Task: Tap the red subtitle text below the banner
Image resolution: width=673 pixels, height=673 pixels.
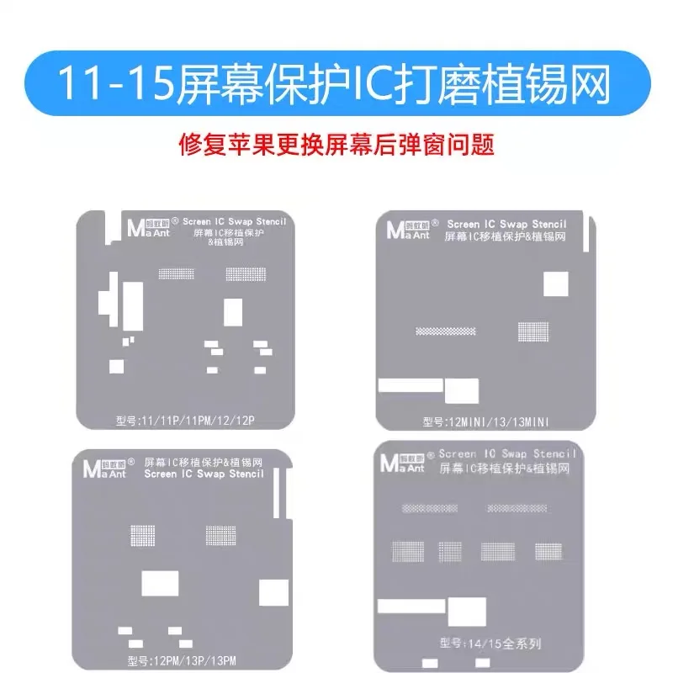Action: pyautogui.click(x=336, y=144)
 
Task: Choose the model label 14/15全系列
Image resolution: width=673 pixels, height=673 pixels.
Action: pyautogui.click(x=490, y=644)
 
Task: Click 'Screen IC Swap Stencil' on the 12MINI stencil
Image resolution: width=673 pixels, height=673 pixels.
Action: pyautogui.click(x=507, y=225)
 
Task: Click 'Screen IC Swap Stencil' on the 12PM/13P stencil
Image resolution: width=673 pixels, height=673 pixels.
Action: pyautogui.click(x=204, y=474)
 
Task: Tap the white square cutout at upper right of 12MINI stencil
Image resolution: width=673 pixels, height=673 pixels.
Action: pyautogui.click(x=556, y=284)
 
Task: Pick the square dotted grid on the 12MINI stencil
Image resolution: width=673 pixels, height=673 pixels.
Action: pyautogui.click(x=533, y=331)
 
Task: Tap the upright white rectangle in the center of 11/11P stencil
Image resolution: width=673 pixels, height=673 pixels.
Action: pyautogui.click(x=233, y=311)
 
